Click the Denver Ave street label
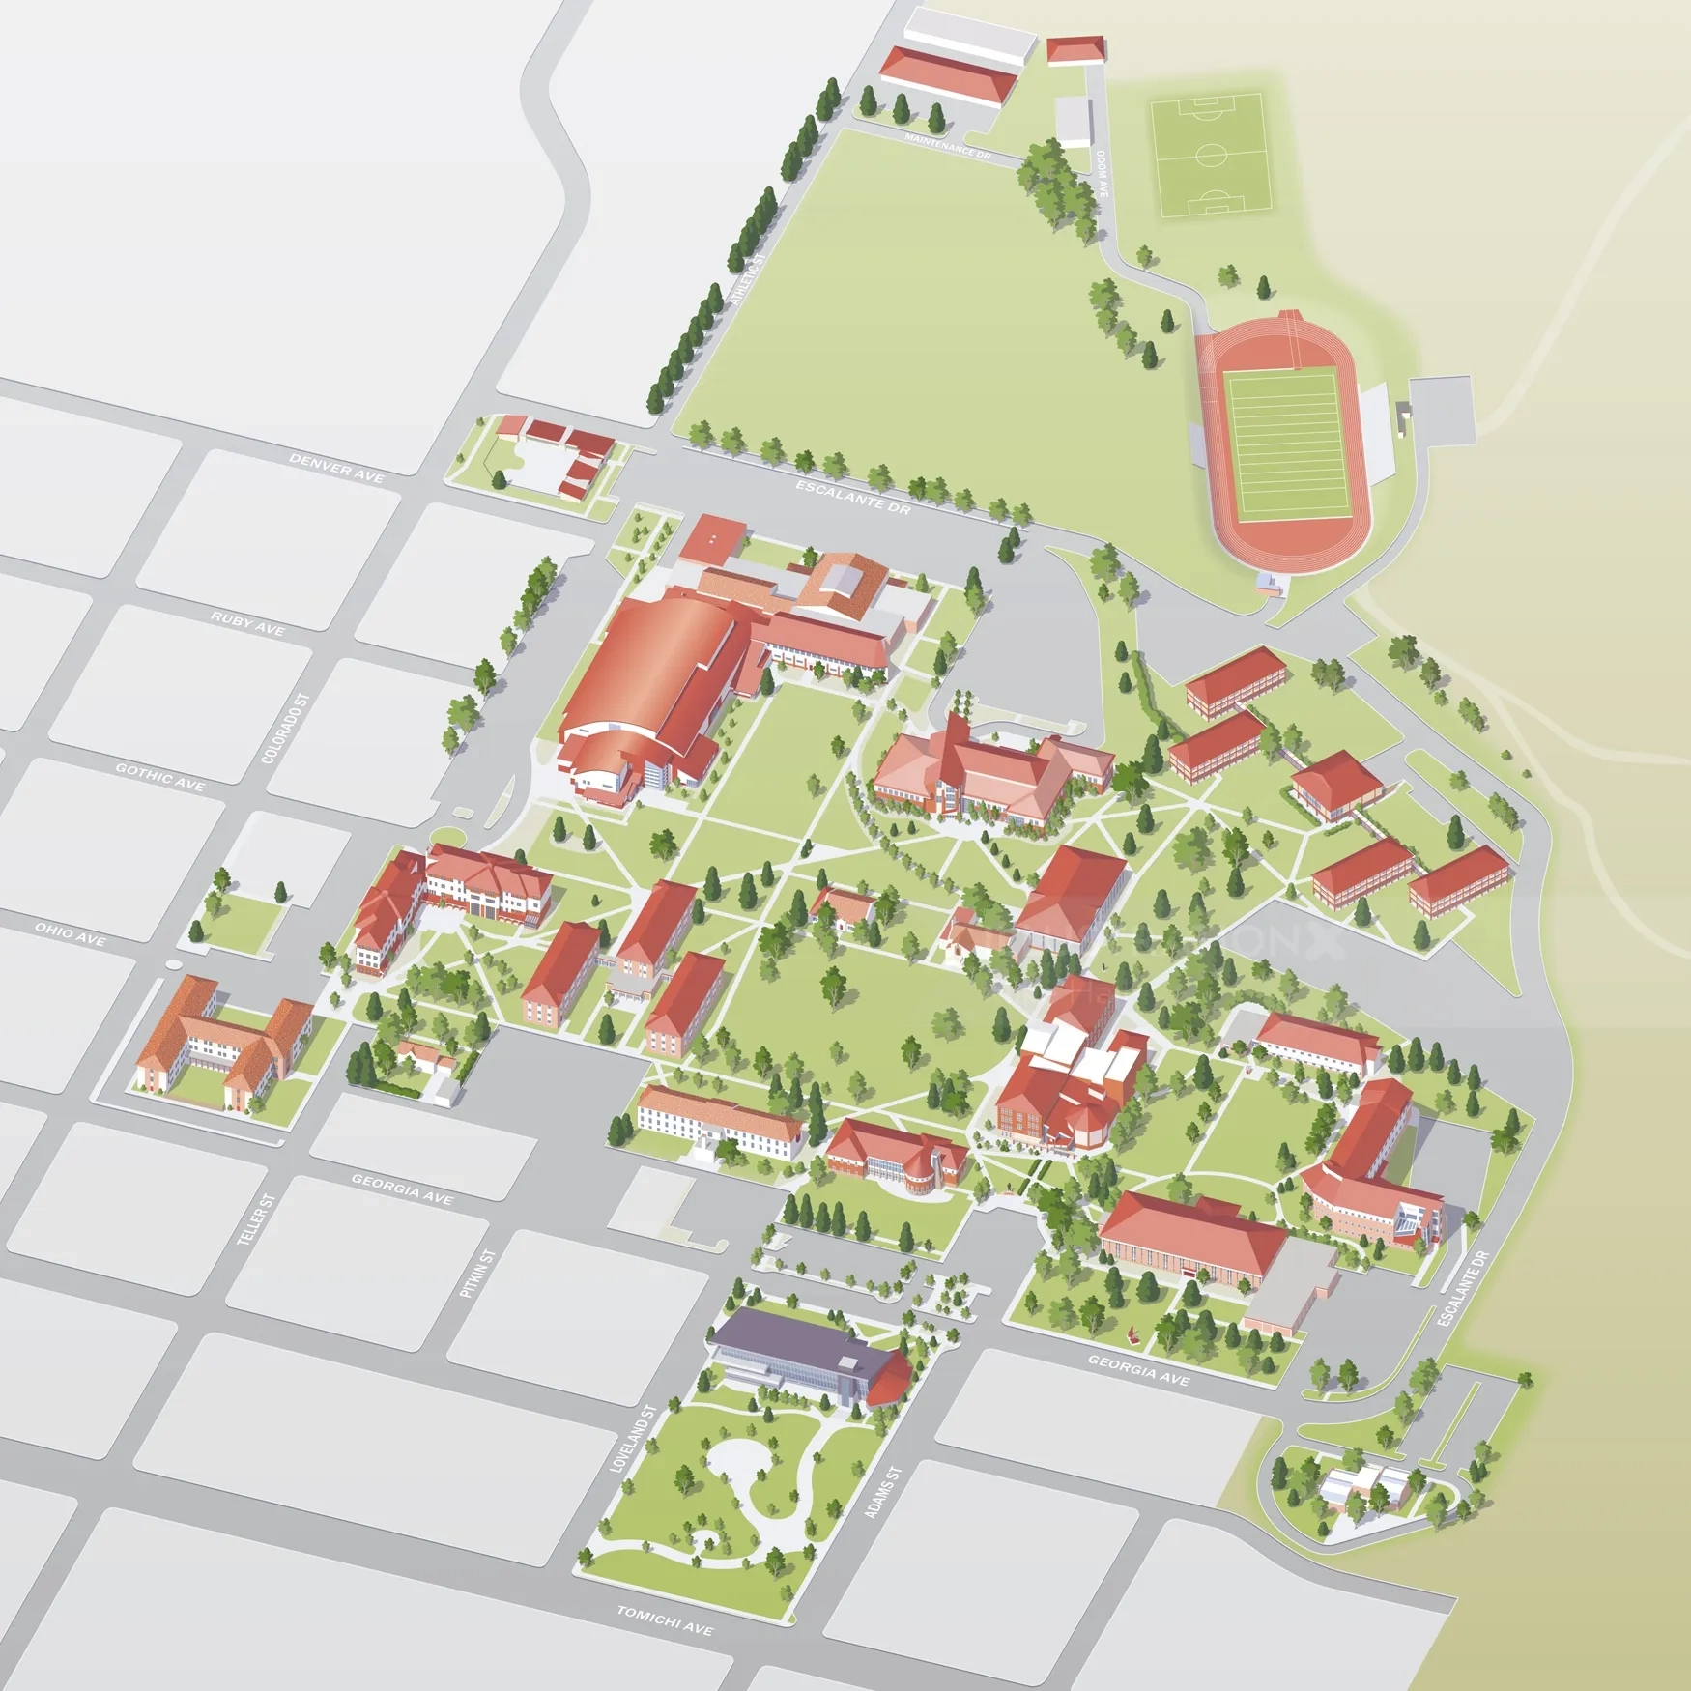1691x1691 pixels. [x=336, y=468]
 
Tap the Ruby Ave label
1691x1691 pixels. [x=247, y=623]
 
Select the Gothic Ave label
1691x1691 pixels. [x=160, y=777]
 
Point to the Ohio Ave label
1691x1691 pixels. [x=71, y=933]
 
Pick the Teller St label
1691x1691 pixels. [x=257, y=1219]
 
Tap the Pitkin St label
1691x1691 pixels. [x=477, y=1274]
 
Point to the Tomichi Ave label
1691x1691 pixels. [x=665, y=1620]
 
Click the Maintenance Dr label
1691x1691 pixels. [x=947, y=147]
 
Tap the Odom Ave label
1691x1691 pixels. [x=1103, y=174]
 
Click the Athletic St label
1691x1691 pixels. [x=746, y=280]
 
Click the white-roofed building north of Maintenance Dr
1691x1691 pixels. [x=969, y=37]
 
